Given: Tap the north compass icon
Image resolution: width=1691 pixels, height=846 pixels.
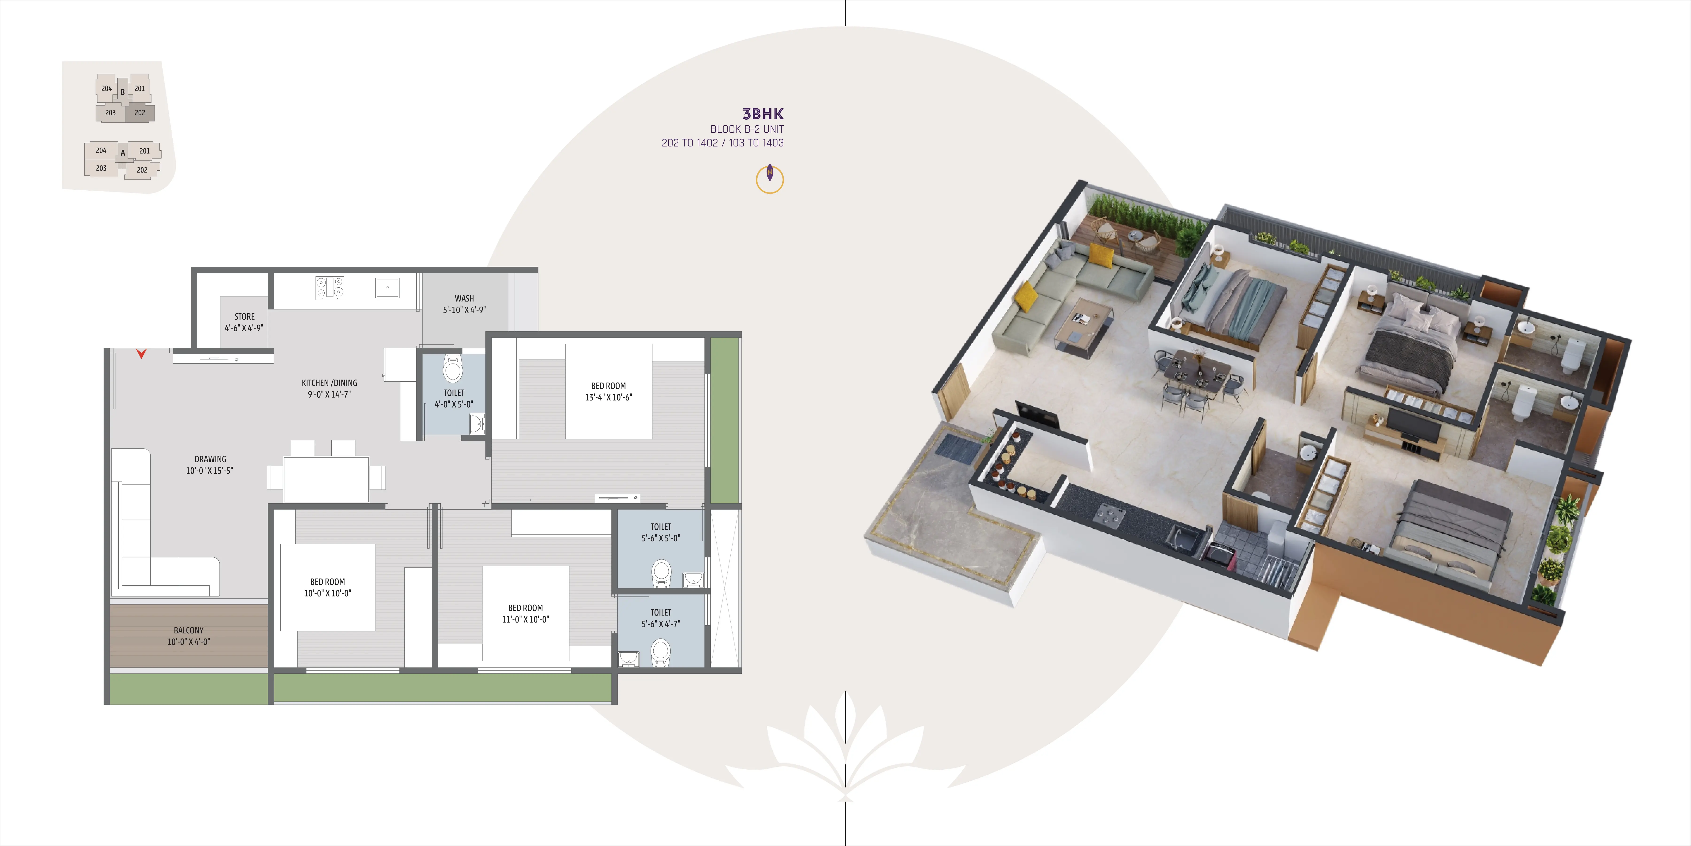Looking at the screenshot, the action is [770, 179].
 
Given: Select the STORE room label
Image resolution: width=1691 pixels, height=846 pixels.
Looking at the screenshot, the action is [245, 317].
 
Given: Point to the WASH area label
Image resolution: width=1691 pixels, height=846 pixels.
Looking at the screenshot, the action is [464, 298].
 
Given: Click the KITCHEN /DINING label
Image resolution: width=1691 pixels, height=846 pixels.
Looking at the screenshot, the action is [330, 383].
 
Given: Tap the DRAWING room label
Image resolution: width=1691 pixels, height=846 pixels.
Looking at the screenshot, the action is [210, 459].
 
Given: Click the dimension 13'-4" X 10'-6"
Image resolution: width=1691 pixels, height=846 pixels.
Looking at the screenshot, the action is [609, 397].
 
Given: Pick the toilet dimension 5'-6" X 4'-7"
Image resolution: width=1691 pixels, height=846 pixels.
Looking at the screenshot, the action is [661, 624].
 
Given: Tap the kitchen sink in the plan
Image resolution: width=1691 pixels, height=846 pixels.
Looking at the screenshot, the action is [387, 287].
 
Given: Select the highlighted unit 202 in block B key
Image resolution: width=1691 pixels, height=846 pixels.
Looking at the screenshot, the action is [140, 113].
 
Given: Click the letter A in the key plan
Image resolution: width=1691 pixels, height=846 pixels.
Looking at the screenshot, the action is [123, 153].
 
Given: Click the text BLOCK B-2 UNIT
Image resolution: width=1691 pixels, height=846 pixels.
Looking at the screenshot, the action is [747, 129].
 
